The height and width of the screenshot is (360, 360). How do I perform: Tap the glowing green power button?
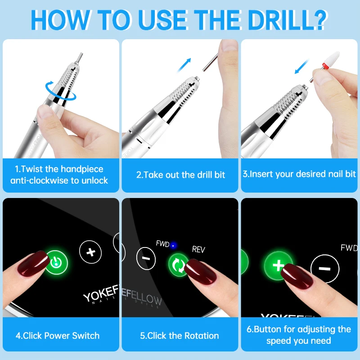tap(57, 262)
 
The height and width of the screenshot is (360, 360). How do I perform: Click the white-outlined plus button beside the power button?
tap(90, 252)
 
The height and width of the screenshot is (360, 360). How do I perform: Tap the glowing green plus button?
tap(278, 265)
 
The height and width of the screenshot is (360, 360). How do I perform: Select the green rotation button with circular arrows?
tap(178, 265)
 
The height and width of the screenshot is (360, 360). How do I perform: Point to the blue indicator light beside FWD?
tap(173, 245)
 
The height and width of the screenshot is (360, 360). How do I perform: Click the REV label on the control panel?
tap(198, 249)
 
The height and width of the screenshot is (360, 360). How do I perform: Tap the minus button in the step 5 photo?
tap(146, 258)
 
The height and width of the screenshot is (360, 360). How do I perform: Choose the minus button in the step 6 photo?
tap(325, 269)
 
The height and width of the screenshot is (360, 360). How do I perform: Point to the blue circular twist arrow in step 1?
tap(61, 91)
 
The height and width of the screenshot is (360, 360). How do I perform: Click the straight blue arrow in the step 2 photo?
tap(184, 65)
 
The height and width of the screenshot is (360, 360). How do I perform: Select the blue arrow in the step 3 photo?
tap(301, 66)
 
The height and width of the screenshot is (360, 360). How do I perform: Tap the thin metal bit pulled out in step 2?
tap(211, 62)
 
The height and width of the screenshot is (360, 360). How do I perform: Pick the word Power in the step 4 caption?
tap(57, 336)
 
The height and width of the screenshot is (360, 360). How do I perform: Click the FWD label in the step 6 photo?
tap(349, 248)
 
